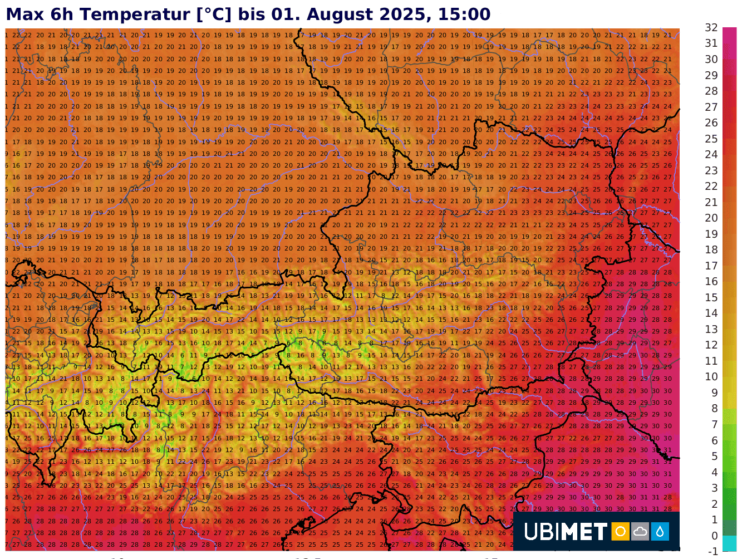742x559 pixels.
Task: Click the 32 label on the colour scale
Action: (x=711, y=27)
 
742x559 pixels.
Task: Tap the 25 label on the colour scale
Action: (x=711, y=139)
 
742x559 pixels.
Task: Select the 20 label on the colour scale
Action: (x=711, y=218)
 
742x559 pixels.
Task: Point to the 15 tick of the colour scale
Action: (x=711, y=297)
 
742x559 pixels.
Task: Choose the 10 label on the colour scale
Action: (x=711, y=376)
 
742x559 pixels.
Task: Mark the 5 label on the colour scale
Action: (x=713, y=456)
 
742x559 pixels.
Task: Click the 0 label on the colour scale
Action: (x=714, y=536)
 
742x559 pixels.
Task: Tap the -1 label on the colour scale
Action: (x=712, y=551)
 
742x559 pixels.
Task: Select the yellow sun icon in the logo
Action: (x=620, y=532)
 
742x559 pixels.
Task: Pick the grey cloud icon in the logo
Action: (x=640, y=532)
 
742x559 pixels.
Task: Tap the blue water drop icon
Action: (x=660, y=532)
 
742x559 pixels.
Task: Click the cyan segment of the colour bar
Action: (x=729, y=543)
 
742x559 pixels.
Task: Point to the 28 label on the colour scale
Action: (x=711, y=91)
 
